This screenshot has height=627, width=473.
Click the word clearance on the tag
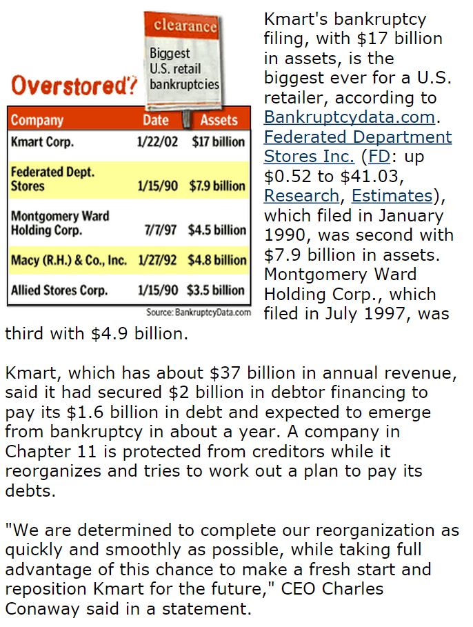coord(185,26)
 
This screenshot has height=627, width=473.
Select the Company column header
coord(37,120)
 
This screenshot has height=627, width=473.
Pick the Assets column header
coord(219,120)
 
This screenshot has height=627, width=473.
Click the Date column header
coord(155,120)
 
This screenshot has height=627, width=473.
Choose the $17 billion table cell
coord(218,142)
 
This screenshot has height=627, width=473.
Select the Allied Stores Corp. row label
coord(59,290)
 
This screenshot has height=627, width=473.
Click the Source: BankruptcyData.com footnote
coord(199,312)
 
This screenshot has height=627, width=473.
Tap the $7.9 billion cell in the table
coord(217,186)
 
